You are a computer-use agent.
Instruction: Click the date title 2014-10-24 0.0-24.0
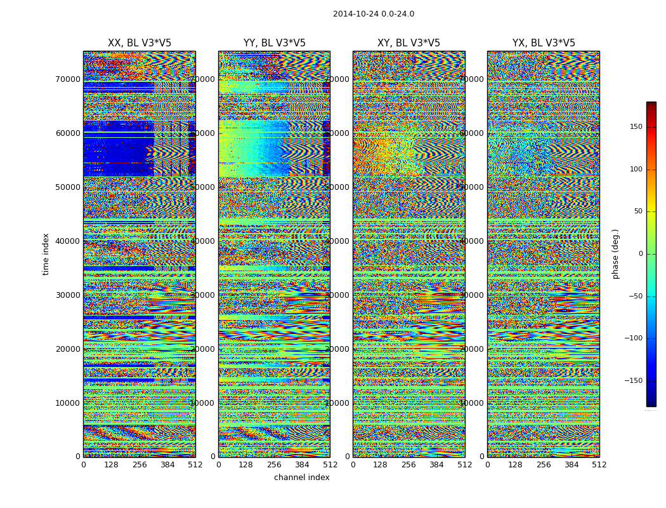[373, 14]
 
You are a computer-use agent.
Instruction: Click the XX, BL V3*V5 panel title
[140, 43]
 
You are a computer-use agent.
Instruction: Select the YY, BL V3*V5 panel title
[274, 43]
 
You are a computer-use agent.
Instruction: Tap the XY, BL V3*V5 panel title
[408, 43]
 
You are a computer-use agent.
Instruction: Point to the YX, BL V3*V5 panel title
[544, 43]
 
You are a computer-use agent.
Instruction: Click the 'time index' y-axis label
[46, 254]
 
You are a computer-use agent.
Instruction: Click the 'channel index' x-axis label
[302, 478]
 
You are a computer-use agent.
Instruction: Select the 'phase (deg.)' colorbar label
[615, 254]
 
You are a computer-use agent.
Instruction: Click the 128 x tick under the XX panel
[111, 465]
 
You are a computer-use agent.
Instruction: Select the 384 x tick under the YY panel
[302, 465]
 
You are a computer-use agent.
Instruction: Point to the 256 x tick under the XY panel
[408, 465]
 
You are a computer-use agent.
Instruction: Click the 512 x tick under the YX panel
[599, 465]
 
